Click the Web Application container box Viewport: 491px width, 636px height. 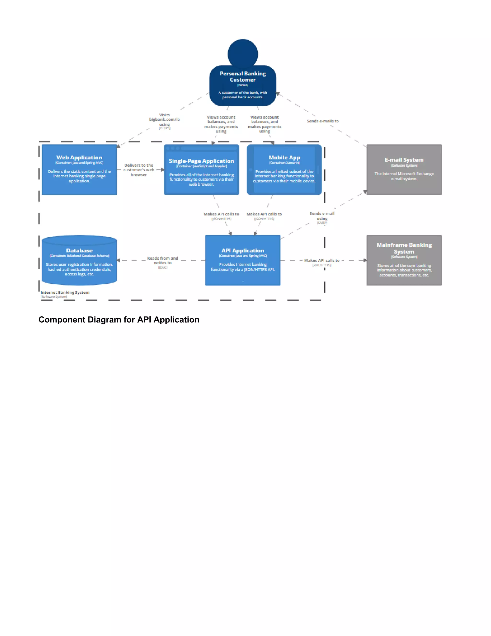tap(79, 169)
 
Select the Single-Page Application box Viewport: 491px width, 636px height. tap(201, 169)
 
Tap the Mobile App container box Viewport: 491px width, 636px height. tap(284, 169)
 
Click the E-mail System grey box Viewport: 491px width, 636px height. tap(404, 169)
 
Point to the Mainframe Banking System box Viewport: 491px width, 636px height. tap(404, 260)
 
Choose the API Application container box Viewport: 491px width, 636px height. tap(243, 260)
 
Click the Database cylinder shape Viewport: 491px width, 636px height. tap(79, 260)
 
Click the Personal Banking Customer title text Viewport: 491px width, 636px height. tap(243, 77)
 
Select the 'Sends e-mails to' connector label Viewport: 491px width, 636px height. tap(323, 121)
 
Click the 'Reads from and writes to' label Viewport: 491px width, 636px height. tap(163, 261)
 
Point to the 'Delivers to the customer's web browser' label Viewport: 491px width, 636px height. tap(139, 170)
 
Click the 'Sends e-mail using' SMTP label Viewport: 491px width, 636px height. tap(322, 216)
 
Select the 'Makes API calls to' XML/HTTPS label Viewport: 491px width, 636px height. tap(322, 261)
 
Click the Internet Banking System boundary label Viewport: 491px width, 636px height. tap(65, 292)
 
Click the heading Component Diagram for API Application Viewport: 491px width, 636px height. tap(119, 319)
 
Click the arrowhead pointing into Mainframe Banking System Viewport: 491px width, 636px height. tap(365, 260)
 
